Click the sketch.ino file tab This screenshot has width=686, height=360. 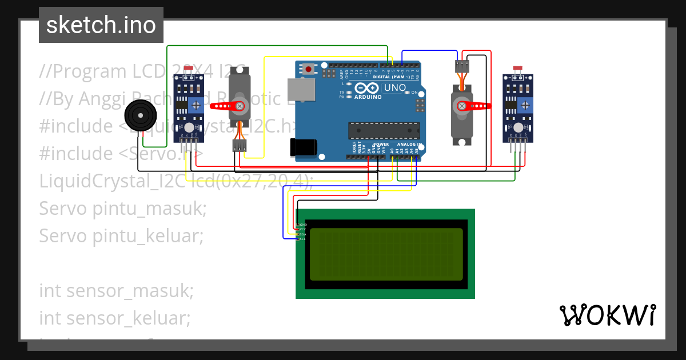(101, 25)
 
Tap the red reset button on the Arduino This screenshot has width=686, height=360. (309, 69)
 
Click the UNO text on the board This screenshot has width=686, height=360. (394, 88)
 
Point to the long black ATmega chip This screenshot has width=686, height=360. (384, 130)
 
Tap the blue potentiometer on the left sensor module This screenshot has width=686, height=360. (197, 105)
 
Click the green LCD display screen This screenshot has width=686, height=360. (386, 254)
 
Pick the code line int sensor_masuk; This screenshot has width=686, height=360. (117, 290)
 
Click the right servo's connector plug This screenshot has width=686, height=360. (462, 66)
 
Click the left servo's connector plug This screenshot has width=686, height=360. (240, 146)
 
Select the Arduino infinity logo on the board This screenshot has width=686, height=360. (367, 88)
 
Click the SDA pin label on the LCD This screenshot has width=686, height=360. (303, 234)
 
